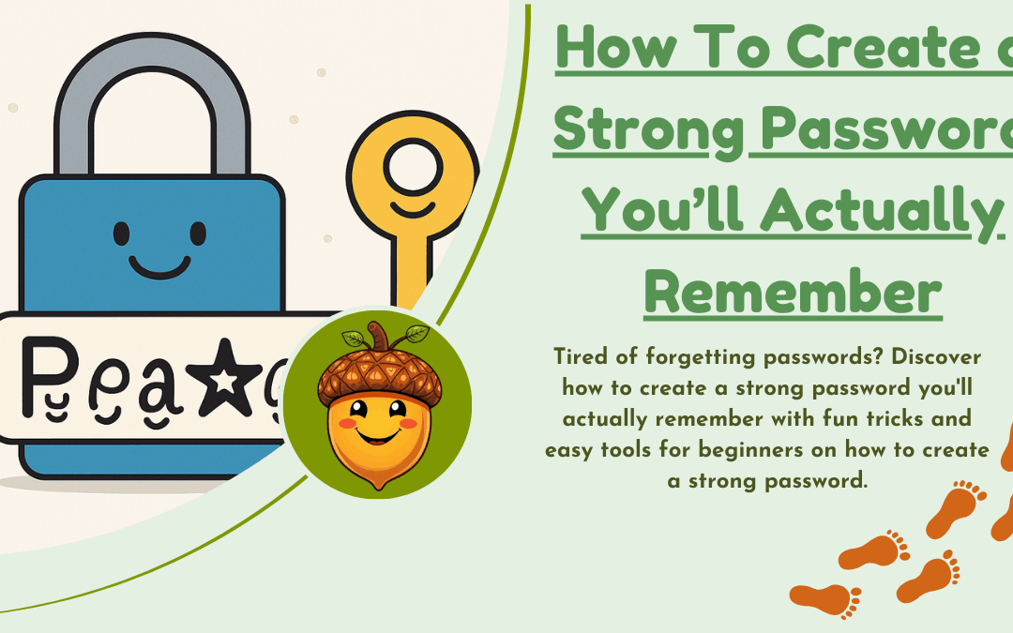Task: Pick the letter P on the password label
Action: click(39, 375)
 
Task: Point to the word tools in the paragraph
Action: click(625, 450)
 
